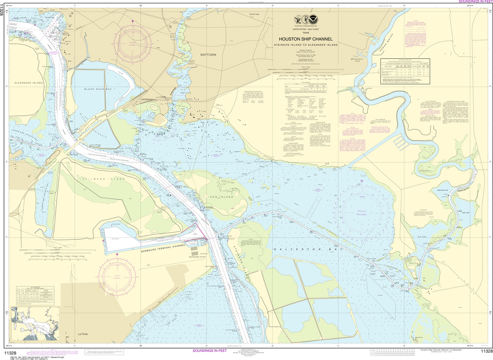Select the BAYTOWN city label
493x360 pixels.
208,55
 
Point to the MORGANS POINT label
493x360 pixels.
198,257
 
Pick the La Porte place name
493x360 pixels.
83,334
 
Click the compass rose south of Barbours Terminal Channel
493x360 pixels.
117,275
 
